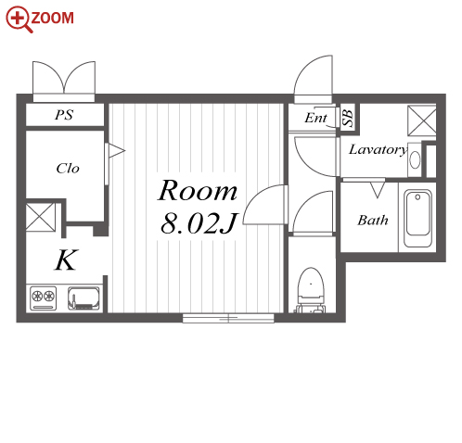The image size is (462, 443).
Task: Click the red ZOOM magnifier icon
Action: tap(19, 19)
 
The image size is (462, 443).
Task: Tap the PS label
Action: tap(64, 115)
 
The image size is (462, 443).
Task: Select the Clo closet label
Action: tap(68, 168)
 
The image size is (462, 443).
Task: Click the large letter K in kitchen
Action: tap(66, 259)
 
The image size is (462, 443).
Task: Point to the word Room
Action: tap(198, 190)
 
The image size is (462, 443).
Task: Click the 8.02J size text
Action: tap(199, 223)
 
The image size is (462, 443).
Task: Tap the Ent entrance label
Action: tap(315, 118)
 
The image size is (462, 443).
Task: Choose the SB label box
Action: tap(348, 118)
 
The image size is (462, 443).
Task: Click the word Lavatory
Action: tap(378, 150)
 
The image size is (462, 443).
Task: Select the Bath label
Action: tap(373, 221)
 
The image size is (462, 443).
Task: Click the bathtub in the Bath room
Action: tap(417, 219)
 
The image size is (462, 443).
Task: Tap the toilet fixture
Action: tap(311, 289)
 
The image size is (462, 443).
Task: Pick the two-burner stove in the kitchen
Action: tap(44, 298)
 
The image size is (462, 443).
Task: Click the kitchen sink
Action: tap(83, 298)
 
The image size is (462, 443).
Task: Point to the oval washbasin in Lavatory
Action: tap(415, 159)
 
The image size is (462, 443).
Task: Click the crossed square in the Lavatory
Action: tap(422, 120)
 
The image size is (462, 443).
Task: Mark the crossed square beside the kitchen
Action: tap(40, 217)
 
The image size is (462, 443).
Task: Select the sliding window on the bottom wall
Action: tap(228, 318)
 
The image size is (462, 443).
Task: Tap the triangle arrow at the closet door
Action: tap(117, 151)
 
